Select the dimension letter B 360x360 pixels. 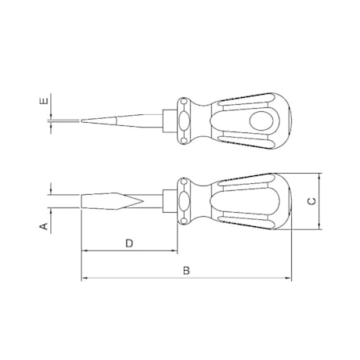(186, 270)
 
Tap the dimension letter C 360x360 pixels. (311, 201)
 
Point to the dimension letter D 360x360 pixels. (130, 243)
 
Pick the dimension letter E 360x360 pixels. (44, 102)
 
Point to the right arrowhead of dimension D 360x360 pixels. (177, 252)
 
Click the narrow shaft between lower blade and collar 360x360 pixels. (153, 201)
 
